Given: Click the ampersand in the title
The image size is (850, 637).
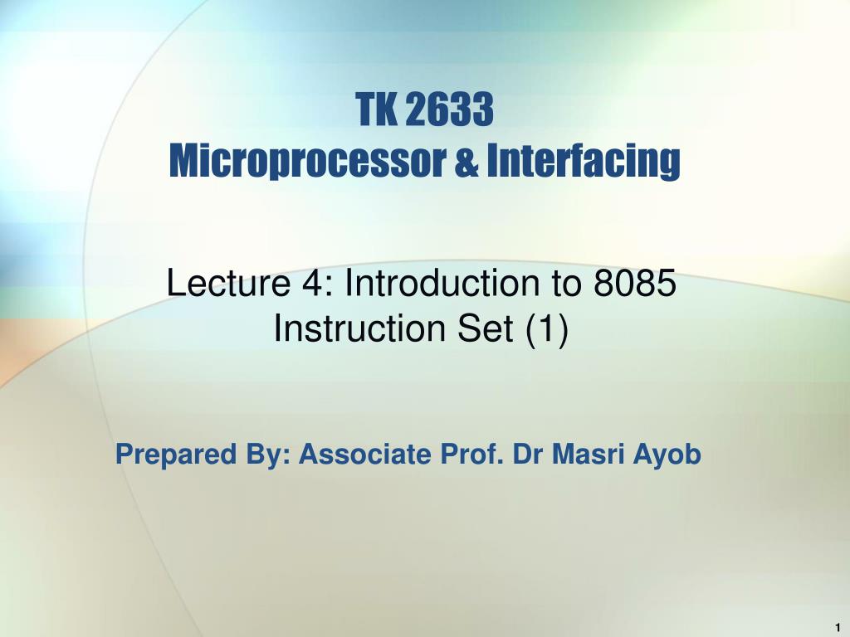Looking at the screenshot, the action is point(467,162).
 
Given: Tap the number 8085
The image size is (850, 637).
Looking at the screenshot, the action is point(635,283).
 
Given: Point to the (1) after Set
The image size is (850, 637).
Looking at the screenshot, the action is point(547,329).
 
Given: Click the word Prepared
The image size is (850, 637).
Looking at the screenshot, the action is point(176,455).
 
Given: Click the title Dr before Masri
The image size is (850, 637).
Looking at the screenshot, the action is point(528,454).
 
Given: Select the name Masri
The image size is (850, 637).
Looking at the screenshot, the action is point(588,454).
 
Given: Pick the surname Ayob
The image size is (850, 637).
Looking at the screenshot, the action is point(667,455).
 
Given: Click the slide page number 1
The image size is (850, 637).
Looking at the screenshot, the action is point(838,627).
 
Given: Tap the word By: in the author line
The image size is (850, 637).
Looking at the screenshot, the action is point(268,455).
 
